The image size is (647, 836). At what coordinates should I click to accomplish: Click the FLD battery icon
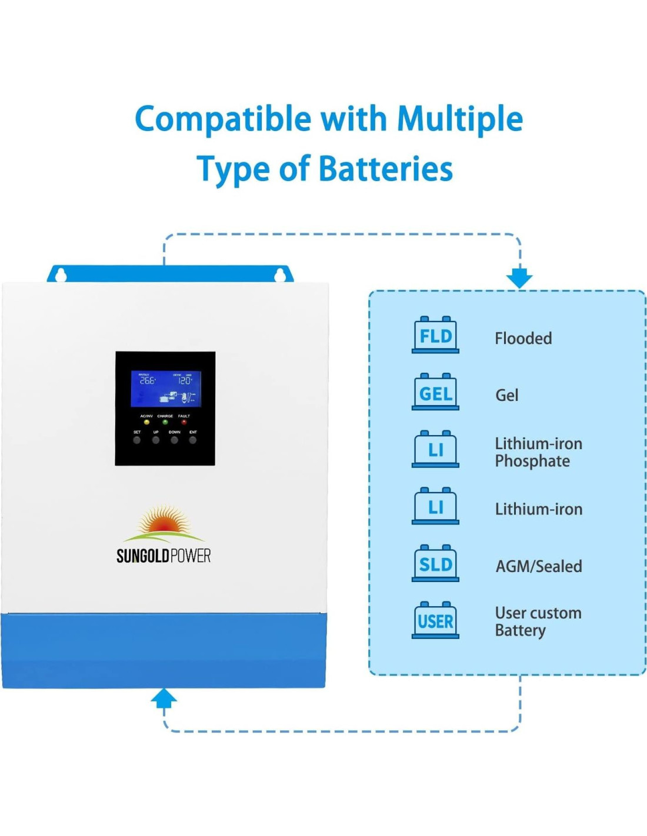point(435,335)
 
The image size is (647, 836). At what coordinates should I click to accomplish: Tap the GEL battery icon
point(435,392)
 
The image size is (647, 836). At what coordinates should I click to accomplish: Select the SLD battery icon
point(435,564)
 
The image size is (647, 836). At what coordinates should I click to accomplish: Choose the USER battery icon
point(435,620)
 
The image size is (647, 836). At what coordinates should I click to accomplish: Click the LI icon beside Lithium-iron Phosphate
point(435,449)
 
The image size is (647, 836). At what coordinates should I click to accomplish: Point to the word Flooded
point(523,339)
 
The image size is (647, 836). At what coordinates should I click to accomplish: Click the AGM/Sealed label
point(539,566)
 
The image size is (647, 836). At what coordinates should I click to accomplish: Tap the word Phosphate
point(532,462)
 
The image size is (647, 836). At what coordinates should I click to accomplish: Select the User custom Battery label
point(538,621)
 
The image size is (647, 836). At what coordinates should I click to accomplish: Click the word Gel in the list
point(506,395)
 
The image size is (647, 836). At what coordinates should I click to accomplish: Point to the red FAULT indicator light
point(184,422)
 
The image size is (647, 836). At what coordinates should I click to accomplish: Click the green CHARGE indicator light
point(165,422)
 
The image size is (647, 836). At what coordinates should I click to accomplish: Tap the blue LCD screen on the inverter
point(166,389)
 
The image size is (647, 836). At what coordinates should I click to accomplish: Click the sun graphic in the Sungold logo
point(163,521)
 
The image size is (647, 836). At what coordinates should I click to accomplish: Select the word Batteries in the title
point(385,169)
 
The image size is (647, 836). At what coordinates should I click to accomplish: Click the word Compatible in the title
point(223,119)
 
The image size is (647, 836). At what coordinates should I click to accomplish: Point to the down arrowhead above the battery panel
point(519,277)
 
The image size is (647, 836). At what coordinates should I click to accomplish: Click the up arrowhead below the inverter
point(164,698)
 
